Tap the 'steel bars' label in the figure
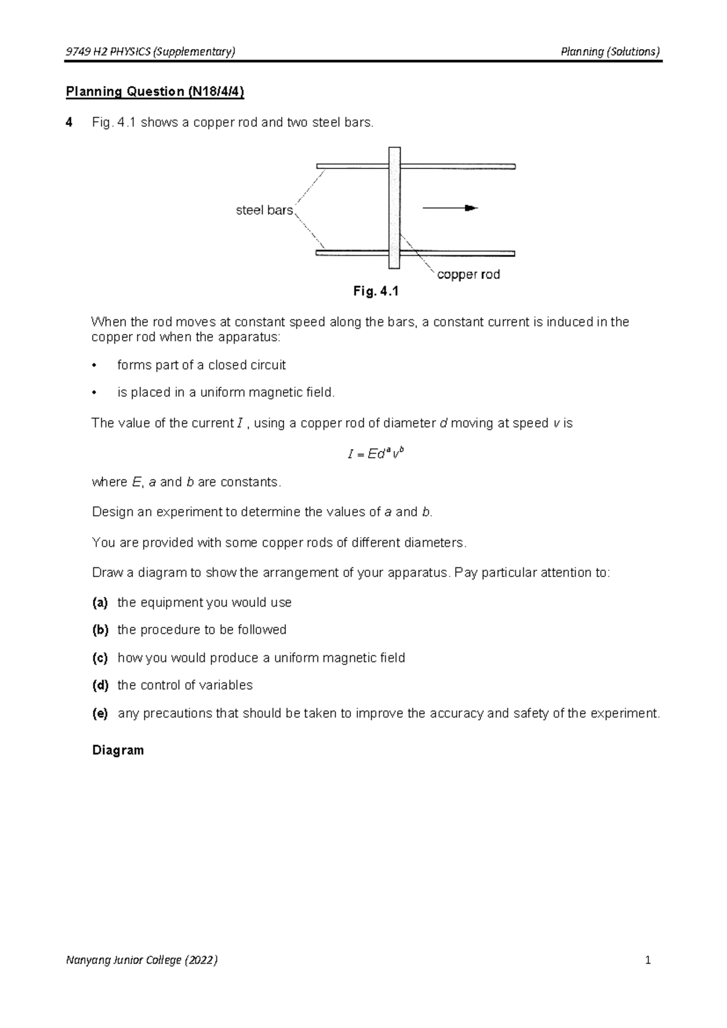[264, 210]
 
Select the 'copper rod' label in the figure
[468, 275]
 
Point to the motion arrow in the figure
[450, 208]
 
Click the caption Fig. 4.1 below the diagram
[376, 292]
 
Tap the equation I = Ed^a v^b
[376, 453]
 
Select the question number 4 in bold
[70, 122]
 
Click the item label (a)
[100, 602]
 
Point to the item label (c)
[100, 658]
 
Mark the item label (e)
[100, 713]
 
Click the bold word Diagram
[118, 750]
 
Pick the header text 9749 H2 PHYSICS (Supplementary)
[150, 52]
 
